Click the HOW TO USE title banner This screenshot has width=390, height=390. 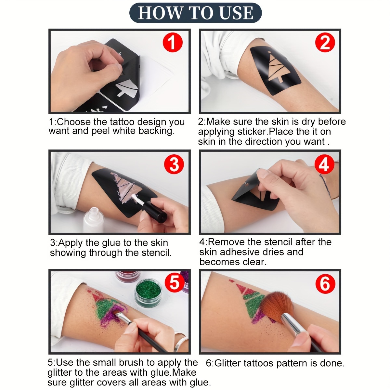pyautogui.click(x=195, y=13)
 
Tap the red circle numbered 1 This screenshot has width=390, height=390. pyautogui.click(x=173, y=43)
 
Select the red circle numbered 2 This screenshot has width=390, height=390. pyautogui.click(x=325, y=43)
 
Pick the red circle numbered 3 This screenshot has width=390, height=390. pyautogui.click(x=174, y=164)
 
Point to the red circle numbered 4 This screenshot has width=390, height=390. pyautogui.click(x=324, y=164)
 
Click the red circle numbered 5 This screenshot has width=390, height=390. pyautogui.click(x=175, y=283)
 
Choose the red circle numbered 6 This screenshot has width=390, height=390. pyautogui.click(x=325, y=283)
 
